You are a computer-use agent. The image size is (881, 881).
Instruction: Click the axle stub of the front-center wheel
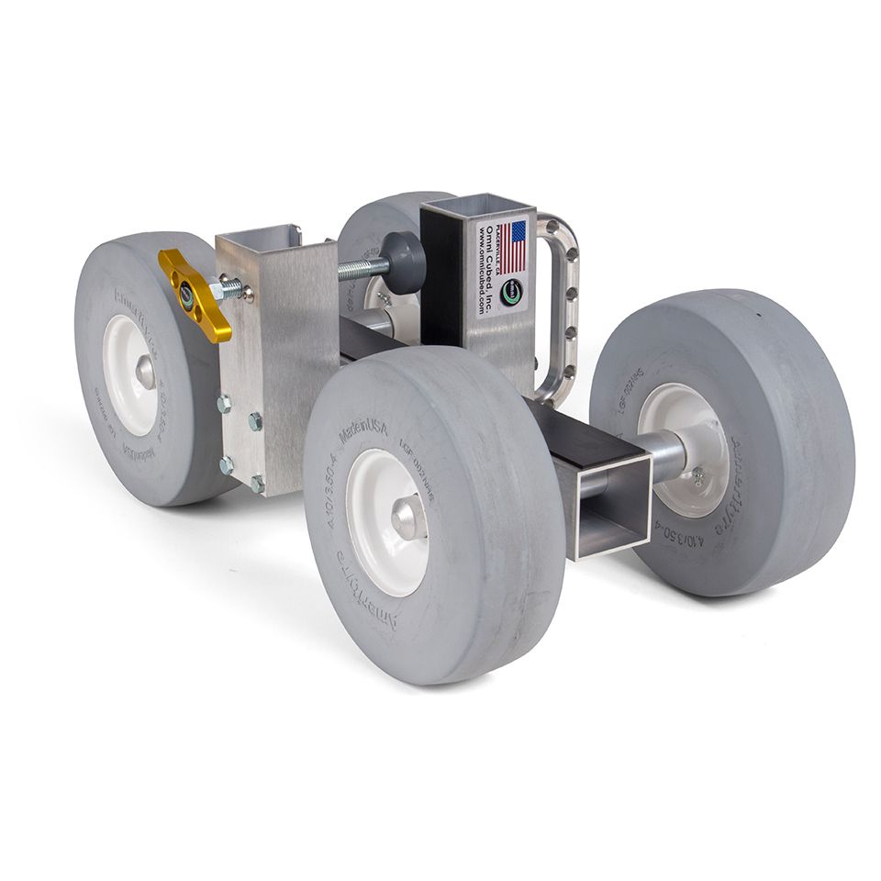click(x=408, y=518)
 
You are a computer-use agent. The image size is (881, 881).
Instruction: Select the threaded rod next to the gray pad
click(x=363, y=269)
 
